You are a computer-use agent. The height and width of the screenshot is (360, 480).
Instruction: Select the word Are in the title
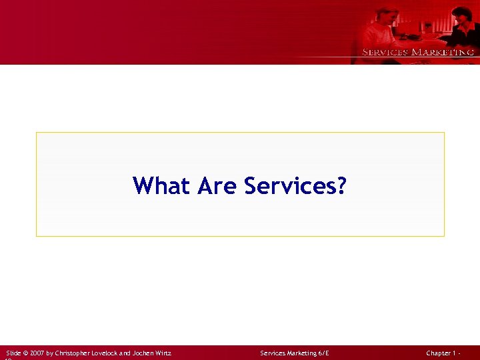[x=217, y=185]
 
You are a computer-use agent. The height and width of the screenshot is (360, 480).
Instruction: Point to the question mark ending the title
[x=341, y=185]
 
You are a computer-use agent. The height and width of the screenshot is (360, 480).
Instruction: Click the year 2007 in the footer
[x=37, y=353]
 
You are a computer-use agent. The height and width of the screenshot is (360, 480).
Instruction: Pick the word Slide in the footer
[x=13, y=353]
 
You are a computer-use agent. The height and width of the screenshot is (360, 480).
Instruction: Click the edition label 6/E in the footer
[x=324, y=353]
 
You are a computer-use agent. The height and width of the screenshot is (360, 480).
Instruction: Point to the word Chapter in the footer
[x=439, y=353]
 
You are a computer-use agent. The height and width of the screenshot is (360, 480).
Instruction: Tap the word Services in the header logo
[x=385, y=52]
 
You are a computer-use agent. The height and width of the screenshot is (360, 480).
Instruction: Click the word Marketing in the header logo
[x=443, y=52]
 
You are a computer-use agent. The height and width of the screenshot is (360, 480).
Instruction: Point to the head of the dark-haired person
[x=461, y=15]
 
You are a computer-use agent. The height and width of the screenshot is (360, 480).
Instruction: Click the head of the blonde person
[x=387, y=16]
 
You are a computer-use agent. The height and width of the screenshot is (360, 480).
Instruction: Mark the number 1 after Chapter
[x=456, y=353]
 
